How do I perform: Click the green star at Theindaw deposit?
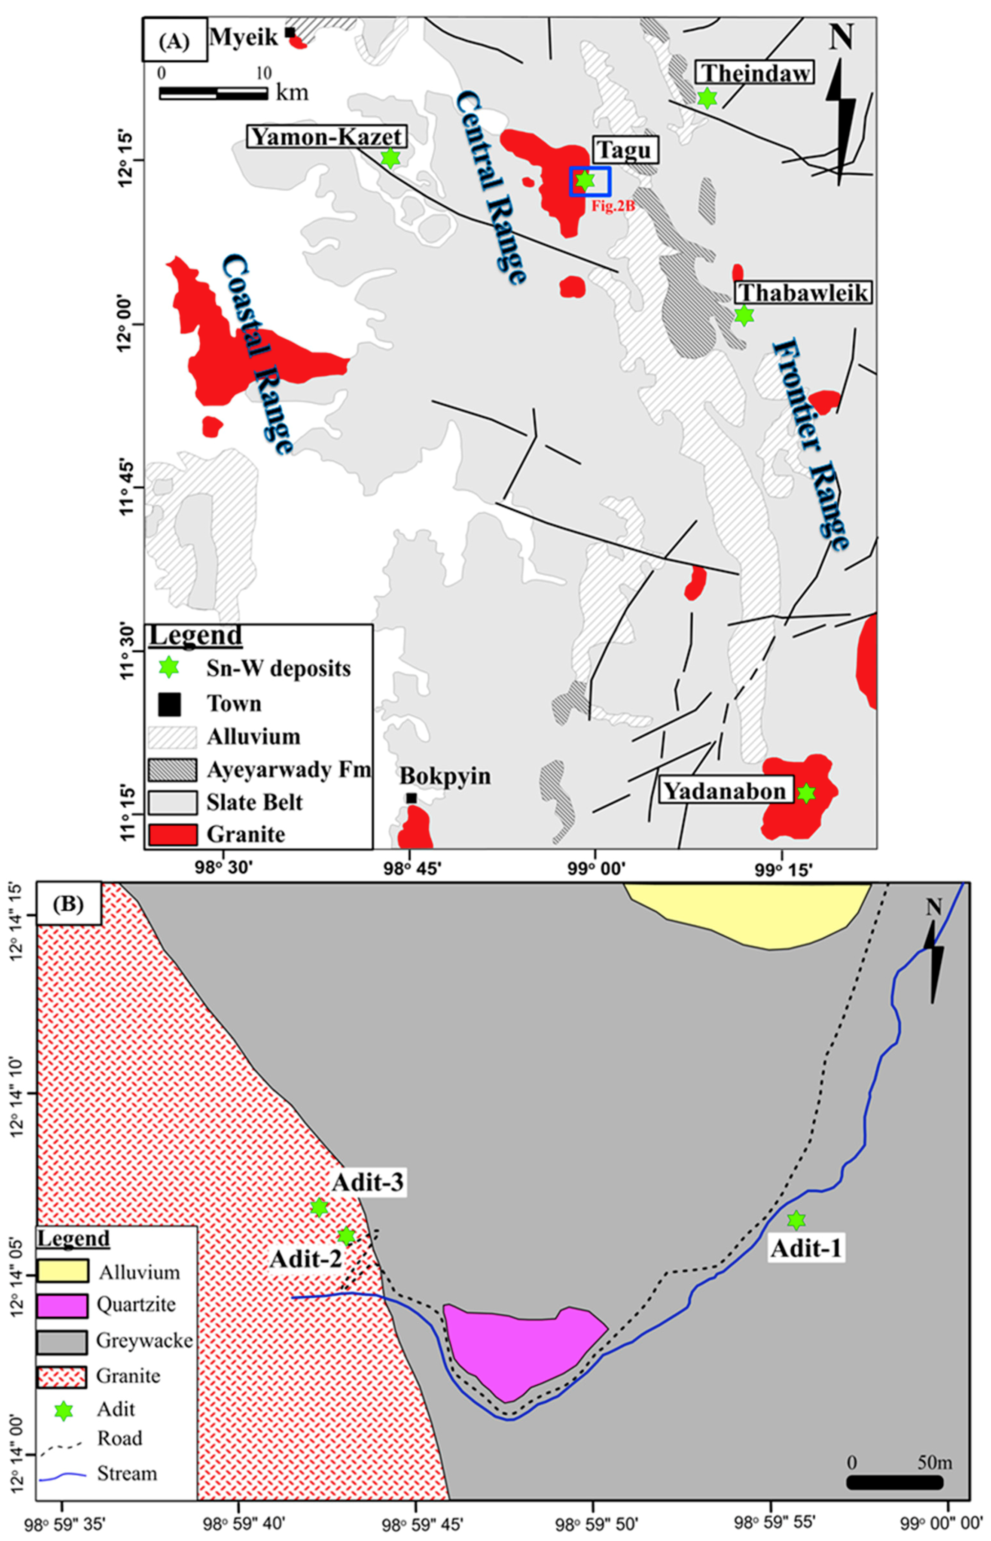point(707,98)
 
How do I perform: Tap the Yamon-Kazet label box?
point(327,137)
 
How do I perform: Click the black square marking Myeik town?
point(290,32)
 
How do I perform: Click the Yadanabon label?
point(725,791)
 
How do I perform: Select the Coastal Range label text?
point(257,354)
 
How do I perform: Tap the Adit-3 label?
point(368,1182)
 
